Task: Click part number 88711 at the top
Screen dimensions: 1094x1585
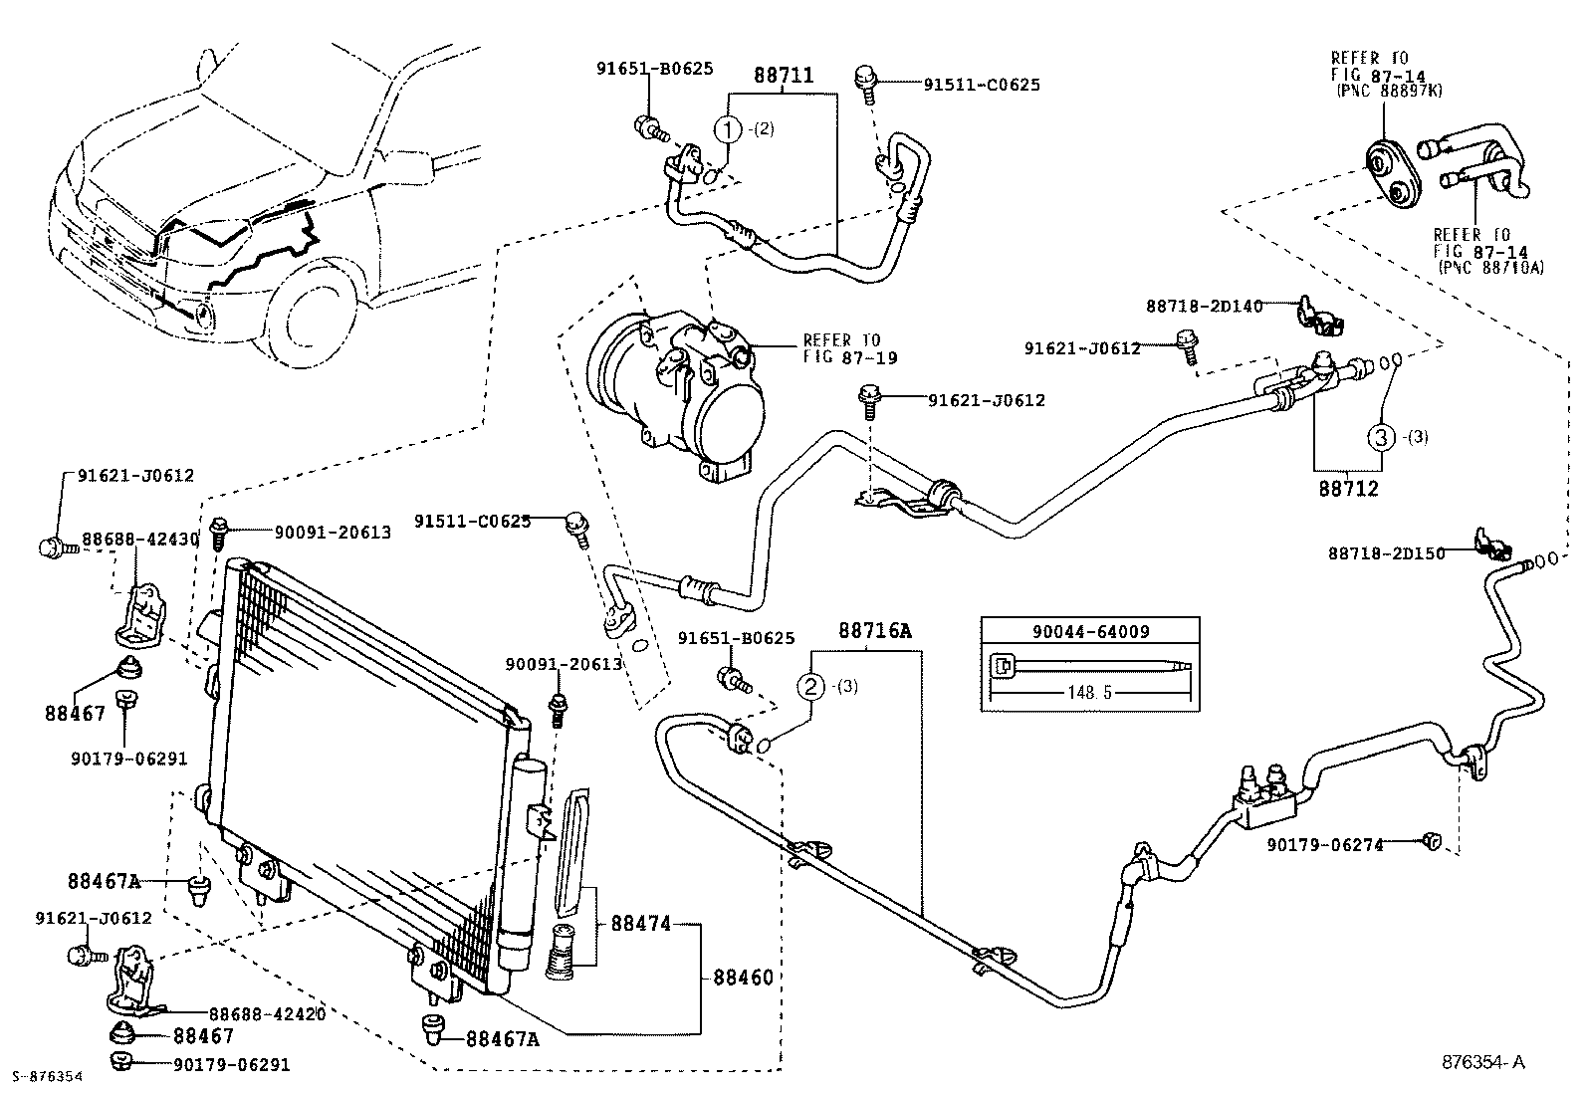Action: (783, 75)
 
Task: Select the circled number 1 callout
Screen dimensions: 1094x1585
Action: (729, 128)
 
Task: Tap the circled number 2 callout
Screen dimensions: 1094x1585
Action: (810, 686)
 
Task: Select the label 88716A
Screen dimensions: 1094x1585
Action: (874, 630)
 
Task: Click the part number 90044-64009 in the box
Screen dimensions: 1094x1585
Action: (1090, 631)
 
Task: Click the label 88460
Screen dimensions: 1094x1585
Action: (743, 978)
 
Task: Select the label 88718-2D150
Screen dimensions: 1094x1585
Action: (1386, 553)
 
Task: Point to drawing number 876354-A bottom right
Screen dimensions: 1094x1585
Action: (1482, 1062)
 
